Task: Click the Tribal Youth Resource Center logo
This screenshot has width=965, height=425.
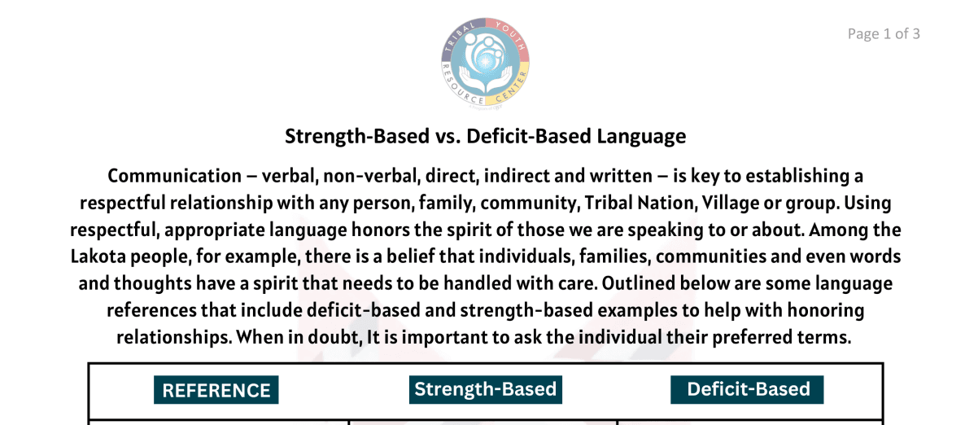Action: (x=485, y=64)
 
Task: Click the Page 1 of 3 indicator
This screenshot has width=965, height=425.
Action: (x=884, y=33)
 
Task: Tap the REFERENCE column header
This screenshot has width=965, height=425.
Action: (x=216, y=390)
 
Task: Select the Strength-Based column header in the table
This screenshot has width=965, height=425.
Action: (x=485, y=389)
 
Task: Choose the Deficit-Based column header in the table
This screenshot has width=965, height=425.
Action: (x=748, y=389)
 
